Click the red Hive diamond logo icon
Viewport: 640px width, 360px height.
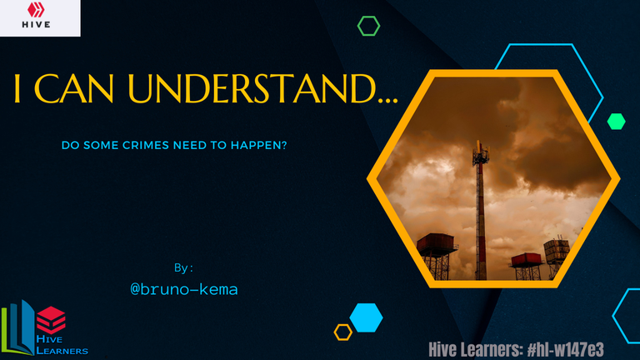[x=36, y=10]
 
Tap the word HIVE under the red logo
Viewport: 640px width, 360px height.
[x=37, y=24]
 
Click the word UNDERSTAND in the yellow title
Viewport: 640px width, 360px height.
[x=252, y=88]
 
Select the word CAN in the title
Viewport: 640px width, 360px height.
[x=74, y=88]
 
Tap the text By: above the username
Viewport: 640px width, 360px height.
[x=183, y=268]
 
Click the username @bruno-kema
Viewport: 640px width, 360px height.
[x=184, y=289]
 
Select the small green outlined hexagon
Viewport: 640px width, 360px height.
[x=368, y=26]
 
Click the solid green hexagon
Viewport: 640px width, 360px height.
[x=617, y=122]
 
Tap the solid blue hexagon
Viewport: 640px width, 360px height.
[x=366, y=317]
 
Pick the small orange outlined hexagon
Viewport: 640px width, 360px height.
[x=342, y=332]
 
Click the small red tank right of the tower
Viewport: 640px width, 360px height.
[x=527, y=259]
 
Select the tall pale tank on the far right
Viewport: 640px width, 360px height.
[x=556, y=247]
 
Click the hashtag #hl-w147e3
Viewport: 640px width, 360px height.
[x=565, y=350]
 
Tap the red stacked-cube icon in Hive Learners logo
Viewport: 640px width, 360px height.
[x=51, y=320]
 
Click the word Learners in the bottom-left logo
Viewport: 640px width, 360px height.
[x=62, y=351]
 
